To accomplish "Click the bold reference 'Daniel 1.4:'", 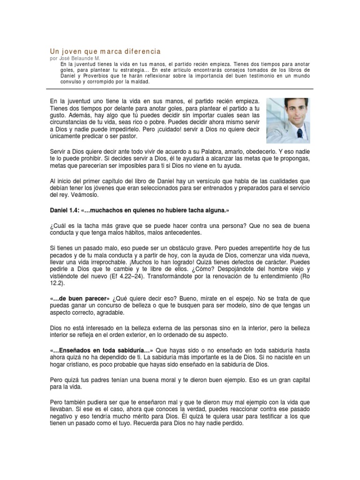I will click(x=65, y=210).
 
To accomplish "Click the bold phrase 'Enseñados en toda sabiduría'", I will click(x=100, y=350).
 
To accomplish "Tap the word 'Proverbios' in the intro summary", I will click(x=90, y=75).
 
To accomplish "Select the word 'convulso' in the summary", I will click(x=72, y=82).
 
